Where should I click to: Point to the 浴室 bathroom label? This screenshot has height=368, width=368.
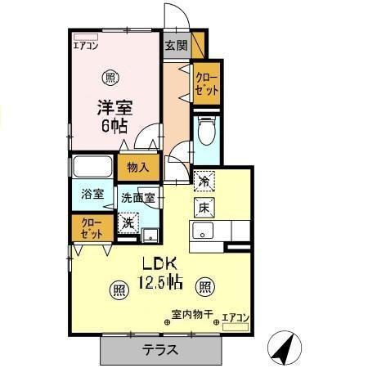(92, 194)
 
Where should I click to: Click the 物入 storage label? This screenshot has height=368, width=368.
(138, 168)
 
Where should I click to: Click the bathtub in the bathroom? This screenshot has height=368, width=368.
(94, 168)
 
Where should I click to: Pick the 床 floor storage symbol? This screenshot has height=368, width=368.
(204, 207)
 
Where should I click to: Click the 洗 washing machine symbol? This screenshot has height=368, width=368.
(128, 221)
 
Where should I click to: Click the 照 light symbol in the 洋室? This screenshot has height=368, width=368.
(109, 79)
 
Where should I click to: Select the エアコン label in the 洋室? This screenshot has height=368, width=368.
(85, 47)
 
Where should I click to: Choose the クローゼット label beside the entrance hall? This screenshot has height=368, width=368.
(207, 84)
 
